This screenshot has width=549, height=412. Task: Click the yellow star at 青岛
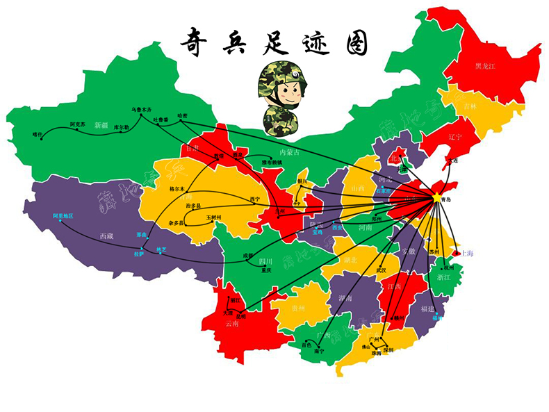click(436, 197)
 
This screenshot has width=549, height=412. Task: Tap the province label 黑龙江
click(485, 66)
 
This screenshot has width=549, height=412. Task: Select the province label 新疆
click(102, 125)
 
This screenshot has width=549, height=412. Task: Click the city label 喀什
click(38, 133)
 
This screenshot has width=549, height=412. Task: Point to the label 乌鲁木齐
click(141, 109)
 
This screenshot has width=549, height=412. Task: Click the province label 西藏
click(106, 236)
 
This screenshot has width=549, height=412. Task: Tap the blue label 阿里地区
click(63, 216)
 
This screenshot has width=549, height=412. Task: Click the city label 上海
click(466, 253)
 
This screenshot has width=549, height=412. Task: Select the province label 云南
click(231, 323)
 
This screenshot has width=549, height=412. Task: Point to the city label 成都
click(249, 256)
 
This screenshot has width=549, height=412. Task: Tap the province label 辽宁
click(455, 137)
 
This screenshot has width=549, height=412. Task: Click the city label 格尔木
click(178, 188)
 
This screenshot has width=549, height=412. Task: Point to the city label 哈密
click(182, 115)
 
